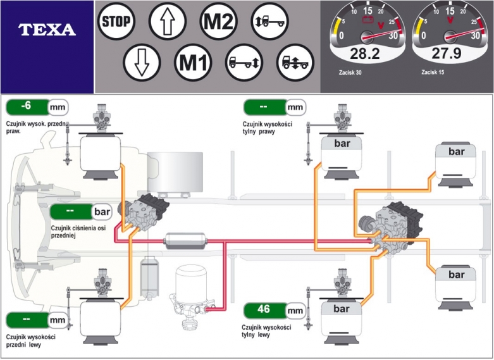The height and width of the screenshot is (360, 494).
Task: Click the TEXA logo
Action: pos(47,30)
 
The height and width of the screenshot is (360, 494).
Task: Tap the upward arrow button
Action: pos(168,22)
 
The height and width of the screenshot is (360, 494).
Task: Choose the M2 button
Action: pos(219,22)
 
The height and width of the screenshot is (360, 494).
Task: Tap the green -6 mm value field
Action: pos(36,106)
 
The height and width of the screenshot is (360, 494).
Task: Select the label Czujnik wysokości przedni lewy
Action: pos(30,340)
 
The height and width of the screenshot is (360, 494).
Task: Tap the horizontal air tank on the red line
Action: pos(184,240)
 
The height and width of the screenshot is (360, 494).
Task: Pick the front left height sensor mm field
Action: pos(36,320)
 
